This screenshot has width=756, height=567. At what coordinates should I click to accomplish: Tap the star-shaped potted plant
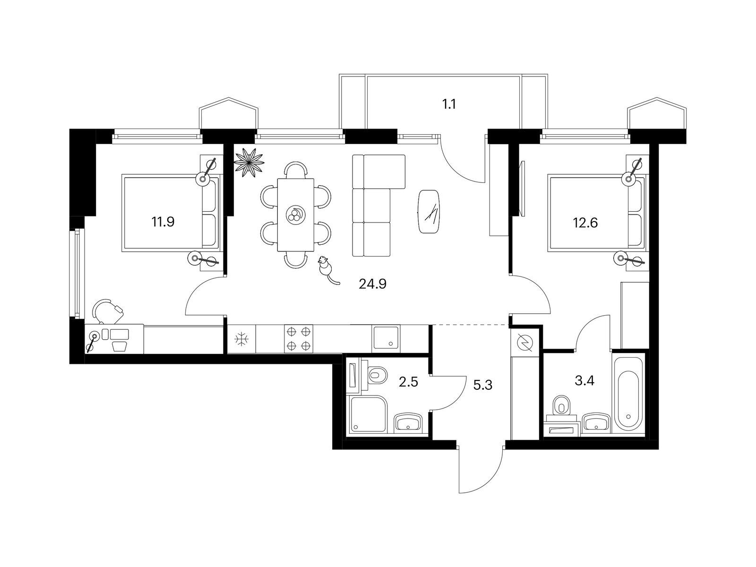click(249, 162)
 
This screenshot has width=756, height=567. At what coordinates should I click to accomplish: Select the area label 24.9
click(373, 284)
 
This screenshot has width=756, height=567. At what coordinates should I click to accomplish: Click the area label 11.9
click(163, 222)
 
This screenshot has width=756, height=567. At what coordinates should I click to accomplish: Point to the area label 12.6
click(585, 223)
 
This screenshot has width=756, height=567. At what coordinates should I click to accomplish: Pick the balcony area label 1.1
click(449, 104)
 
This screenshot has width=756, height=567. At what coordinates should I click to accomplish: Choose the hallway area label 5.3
click(482, 385)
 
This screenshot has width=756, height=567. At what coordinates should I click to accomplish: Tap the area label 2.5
click(408, 382)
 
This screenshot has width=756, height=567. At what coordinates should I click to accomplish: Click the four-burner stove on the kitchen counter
click(299, 339)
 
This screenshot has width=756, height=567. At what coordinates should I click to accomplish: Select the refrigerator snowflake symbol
click(241, 339)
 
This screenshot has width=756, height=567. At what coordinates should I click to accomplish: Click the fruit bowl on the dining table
click(295, 215)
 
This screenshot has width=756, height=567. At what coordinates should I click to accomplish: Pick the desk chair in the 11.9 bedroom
click(108, 310)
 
